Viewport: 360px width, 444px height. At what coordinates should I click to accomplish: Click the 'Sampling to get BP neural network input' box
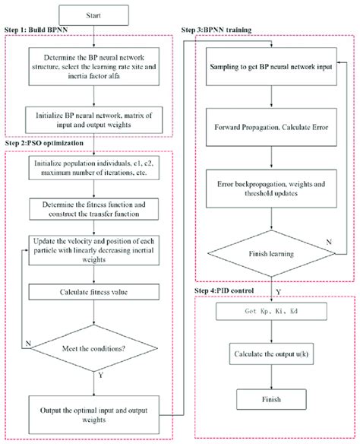click(x=272, y=68)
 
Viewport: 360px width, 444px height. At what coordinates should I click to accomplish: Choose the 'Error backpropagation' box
click(x=272, y=188)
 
